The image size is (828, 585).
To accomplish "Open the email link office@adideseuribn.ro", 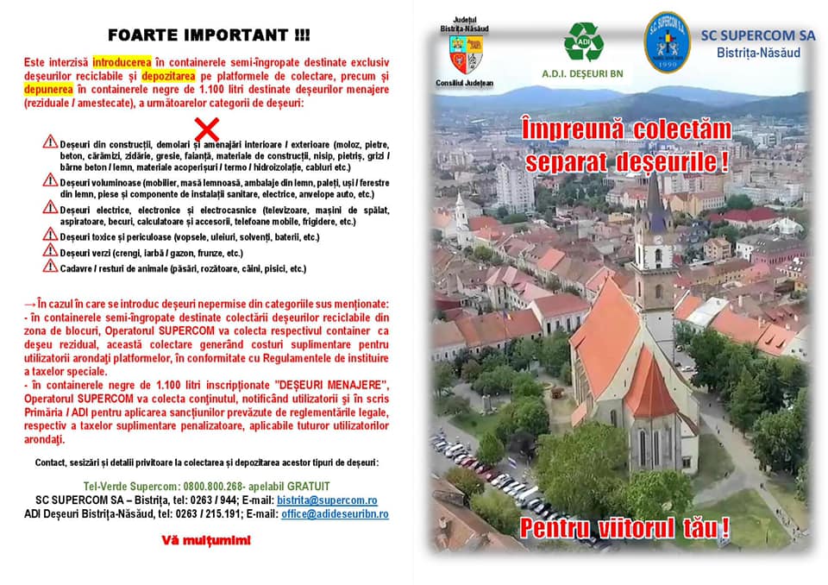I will click(x=335, y=514).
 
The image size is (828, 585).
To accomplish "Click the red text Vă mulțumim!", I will click(x=207, y=541).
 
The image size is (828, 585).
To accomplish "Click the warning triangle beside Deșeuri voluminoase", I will click(x=51, y=180).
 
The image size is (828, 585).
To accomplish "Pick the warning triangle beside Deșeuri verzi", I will click(x=51, y=250).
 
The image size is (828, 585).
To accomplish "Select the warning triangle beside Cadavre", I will click(x=51, y=267).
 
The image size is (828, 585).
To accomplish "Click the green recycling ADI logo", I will click(x=583, y=41).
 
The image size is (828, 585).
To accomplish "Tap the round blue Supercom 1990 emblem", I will click(x=667, y=42).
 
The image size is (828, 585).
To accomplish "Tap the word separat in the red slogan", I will click(x=562, y=161).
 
